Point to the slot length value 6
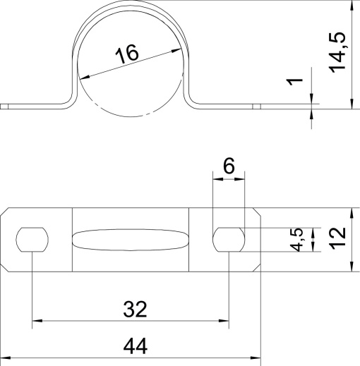pos(229,166)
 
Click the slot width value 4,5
pos(299,239)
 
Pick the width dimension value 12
pos(339,240)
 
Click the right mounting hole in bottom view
pos(229,240)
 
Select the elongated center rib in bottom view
pos(131,240)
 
